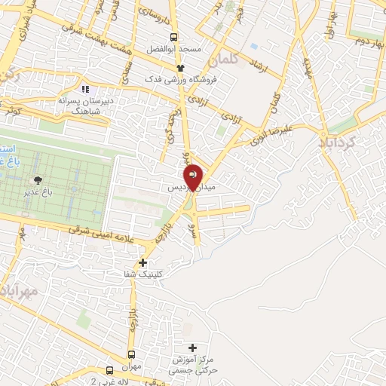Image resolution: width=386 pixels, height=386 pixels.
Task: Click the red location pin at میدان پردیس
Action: [x=194, y=176]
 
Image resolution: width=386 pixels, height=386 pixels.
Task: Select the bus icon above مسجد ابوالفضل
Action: [x=174, y=37]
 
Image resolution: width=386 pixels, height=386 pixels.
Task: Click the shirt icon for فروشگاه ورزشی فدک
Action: [x=179, y=68]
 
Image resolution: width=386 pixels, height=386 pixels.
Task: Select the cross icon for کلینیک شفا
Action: [x=142, y=262]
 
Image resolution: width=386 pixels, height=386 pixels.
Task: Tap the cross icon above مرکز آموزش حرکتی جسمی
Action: [x=193, y=348]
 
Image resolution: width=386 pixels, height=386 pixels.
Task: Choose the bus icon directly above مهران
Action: [x=132, y=354]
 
